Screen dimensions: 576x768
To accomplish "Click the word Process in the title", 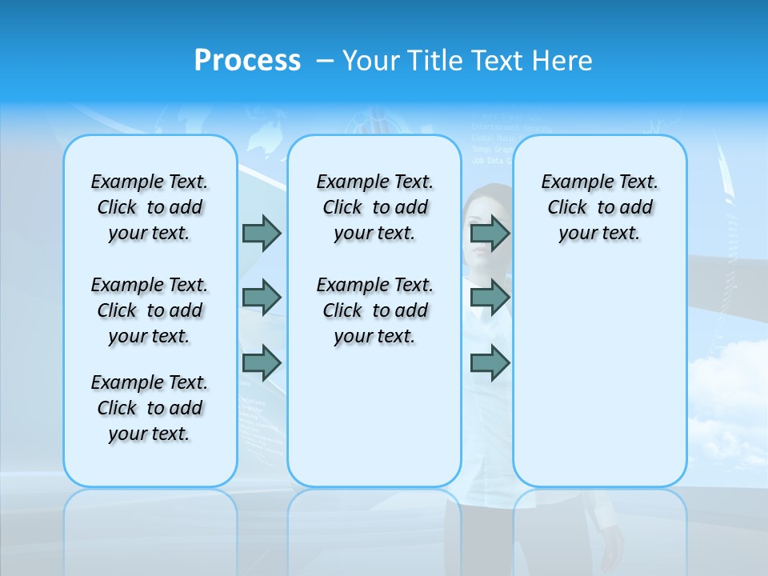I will [x=247, y=60].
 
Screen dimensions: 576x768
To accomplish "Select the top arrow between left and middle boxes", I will [x=262, y=233].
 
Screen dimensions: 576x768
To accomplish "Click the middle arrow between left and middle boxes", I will [x=262, y=298].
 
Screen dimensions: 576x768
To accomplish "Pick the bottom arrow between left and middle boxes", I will [x=262, y=363].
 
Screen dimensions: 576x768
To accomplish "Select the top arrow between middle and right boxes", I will [x=490, y=233].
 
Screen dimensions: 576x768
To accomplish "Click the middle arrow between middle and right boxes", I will [x=490, y=298].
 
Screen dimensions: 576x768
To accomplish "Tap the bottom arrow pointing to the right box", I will [x=490, y=363].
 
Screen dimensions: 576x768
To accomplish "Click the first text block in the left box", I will [x=150, y=207].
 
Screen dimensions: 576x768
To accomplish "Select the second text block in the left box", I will [x=150, y=310].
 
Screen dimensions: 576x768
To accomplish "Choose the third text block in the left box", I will [x=150, y=408].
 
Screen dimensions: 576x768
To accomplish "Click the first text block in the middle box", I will [x=375, y=207].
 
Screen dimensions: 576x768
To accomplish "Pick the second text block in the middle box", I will [x=375, y=310].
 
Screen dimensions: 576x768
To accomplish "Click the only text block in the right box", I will [x=600, y=207].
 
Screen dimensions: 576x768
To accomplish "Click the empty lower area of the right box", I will [x=600, y=384].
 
